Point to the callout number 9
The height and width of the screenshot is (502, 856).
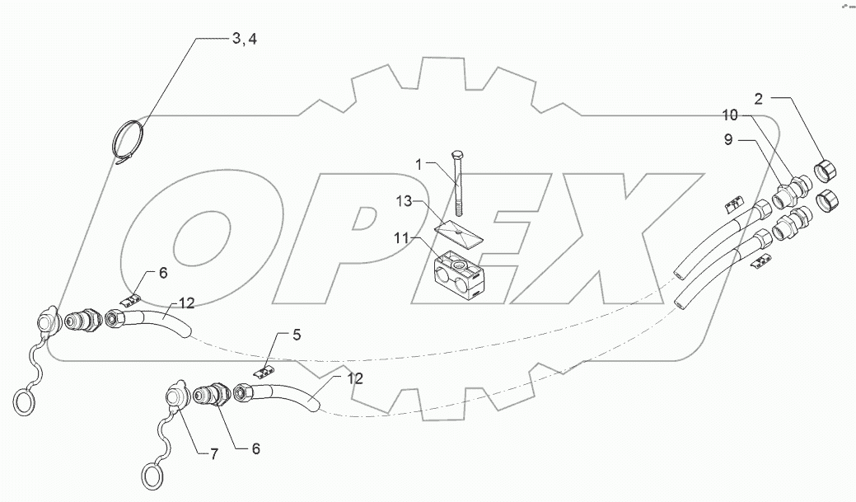pyautogui.click(x=727, y=141)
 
